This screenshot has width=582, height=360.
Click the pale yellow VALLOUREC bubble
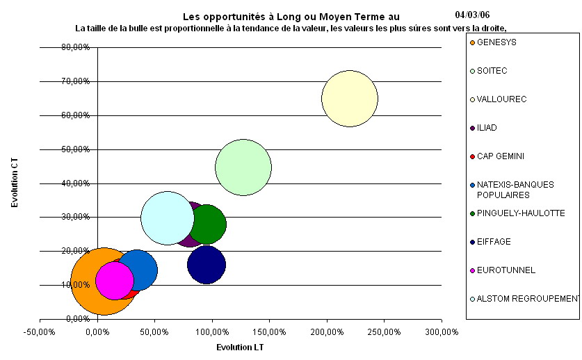(x=350, y=99)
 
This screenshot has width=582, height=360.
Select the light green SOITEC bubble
(x=243, y=167)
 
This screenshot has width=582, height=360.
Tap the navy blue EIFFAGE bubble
(x=207, y=265)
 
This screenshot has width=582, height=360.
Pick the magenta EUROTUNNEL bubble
(x=115, y=281)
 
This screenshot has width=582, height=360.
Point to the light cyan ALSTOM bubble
(x=168, y=218)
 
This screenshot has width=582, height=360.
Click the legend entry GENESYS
(x=493, y=42)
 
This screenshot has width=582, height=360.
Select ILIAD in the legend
(x=483, y=128)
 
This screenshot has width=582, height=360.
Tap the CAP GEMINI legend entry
(x=497, y=156)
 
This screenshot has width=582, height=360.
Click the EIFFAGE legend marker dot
(x=473, y=243)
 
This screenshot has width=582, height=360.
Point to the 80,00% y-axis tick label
(x=75, y=47)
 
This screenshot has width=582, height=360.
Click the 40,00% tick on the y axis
(x=75, y=183)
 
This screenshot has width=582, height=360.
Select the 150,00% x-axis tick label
(x=269, y=332)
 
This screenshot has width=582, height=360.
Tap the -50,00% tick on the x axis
(x=40, y=332)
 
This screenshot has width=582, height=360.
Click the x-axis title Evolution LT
(x=240, y=347)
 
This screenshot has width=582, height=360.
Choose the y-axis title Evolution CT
(x=15, y=183)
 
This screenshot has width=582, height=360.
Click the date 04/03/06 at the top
(x=472, y=15)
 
